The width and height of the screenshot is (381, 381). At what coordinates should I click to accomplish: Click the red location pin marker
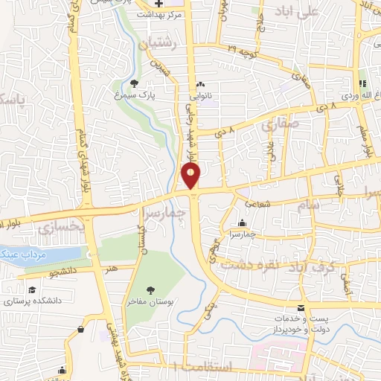pos(191,176)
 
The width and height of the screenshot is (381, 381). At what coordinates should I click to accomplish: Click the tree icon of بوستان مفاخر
pos(151,290)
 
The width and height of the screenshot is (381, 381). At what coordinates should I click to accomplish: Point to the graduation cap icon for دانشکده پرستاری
pos(32,290)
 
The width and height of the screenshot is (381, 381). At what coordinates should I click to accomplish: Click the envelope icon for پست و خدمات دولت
pos(301,308)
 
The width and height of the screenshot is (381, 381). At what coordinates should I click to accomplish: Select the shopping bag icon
pos(80,329)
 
